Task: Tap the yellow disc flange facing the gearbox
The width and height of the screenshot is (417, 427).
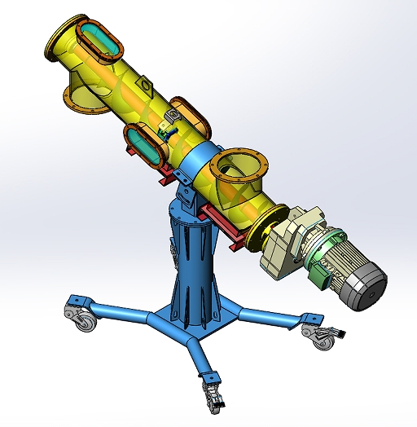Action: [263, 230]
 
